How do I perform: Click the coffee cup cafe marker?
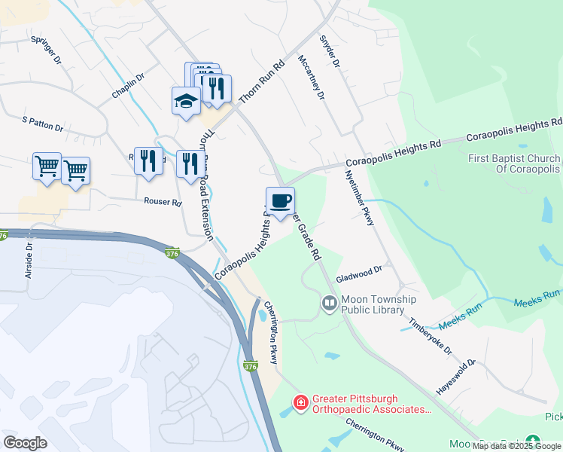click(x=280, y=201)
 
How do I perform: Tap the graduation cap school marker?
click(x=186, y=101)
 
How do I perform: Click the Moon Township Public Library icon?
click(x=329, y=304)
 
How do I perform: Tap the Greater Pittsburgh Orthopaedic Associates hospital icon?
click(x=300, y=404)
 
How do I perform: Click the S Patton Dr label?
click(x=42, y=124)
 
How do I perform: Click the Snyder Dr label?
click(x=330, y=51)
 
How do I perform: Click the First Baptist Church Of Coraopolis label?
click(x=514, y=163)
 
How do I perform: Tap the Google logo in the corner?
click(x=25, y=442)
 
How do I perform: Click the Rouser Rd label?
click(x=163, y=203)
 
